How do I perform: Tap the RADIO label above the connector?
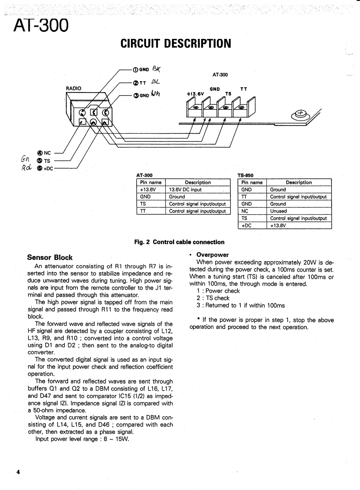(74, 88)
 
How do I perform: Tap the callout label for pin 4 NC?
(45, 153)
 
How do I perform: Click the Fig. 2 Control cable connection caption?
(180, 242)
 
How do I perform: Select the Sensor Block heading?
(50, 257)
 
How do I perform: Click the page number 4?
(18, 472)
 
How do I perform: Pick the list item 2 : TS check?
(213, 298)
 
